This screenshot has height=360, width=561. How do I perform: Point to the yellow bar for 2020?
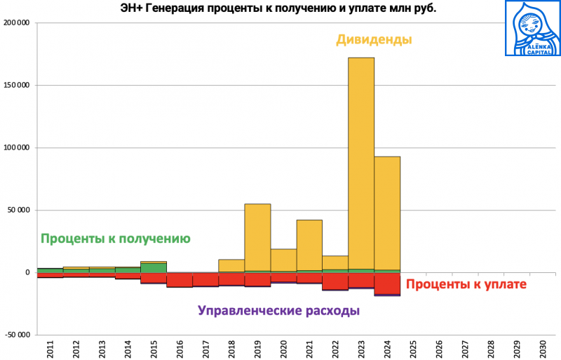click(x=283, y=260)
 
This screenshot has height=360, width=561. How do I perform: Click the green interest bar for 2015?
click(x=154, y=267)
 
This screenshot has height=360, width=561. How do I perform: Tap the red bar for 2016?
click(x=180, y=279)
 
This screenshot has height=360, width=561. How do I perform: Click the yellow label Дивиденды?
click(x=374, y=40)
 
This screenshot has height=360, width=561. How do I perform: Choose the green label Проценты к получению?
click(x=116, y=239)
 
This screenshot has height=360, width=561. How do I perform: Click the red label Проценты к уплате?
click(x=466, y=284)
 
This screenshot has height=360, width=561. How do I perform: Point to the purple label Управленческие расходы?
click(x=278, y=311)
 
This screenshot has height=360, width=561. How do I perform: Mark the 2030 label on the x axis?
click(x=543, y=349)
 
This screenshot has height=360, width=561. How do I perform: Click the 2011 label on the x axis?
click(x=50, y=349)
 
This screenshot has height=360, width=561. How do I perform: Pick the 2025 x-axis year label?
click(x=413, y=349)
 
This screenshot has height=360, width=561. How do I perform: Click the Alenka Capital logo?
click(x=532, y=28)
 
